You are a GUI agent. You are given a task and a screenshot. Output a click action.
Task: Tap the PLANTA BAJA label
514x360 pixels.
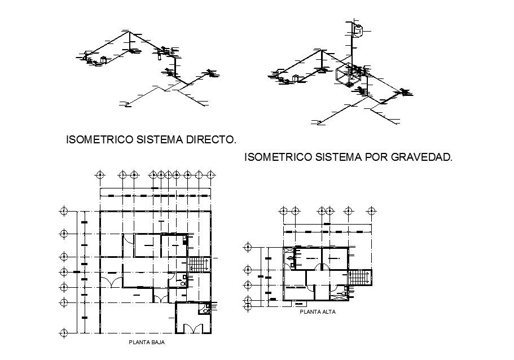(x=142, y=342)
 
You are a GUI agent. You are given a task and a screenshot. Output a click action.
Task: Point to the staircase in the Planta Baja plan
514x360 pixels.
(x=199, y=264)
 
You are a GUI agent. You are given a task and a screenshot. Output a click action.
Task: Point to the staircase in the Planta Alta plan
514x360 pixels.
(x=359, y=277)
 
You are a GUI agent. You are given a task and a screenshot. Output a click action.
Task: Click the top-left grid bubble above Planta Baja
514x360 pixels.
(x=100, y=174)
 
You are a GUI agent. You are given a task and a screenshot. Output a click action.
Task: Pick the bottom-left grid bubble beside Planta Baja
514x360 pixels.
(x=63, y=330)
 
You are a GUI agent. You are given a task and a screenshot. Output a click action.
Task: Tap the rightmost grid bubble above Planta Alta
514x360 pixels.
(x=371, y=211)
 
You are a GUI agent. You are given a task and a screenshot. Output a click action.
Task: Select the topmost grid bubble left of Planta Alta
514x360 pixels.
(x=247, y=247)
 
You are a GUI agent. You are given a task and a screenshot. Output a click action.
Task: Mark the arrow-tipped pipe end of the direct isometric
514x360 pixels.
(x=126, y=103)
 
